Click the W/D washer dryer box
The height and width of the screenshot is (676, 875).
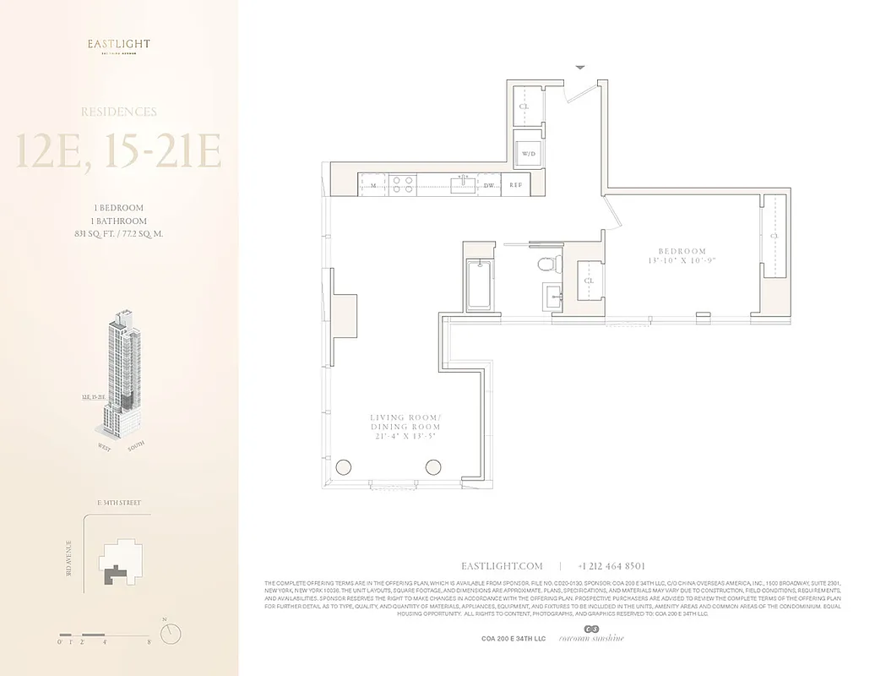pyautogui.click(x=530, y=154)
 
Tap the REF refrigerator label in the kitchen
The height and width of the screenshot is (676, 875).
pyautogui.click(x=515, y=183)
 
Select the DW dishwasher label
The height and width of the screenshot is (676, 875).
pyautogui.click(x=489, y=183)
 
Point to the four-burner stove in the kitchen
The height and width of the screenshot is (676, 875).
pyautogui.click(x=403, y=183)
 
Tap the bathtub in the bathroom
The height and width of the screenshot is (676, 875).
pyautogui.click(x=478, y=284)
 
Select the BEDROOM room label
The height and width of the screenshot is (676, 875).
pyautogui.click(x=682, y=251)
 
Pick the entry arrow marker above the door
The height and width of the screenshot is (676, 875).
pyautogui.click(x=580, y=67)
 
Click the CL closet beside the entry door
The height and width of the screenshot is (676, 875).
pyautogui.click(x=524, y=107)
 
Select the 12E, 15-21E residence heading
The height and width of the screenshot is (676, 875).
pyautogui.click(x=118, y=151)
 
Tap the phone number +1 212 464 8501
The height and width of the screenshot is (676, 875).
pyautogui.click(x=611, y=566)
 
